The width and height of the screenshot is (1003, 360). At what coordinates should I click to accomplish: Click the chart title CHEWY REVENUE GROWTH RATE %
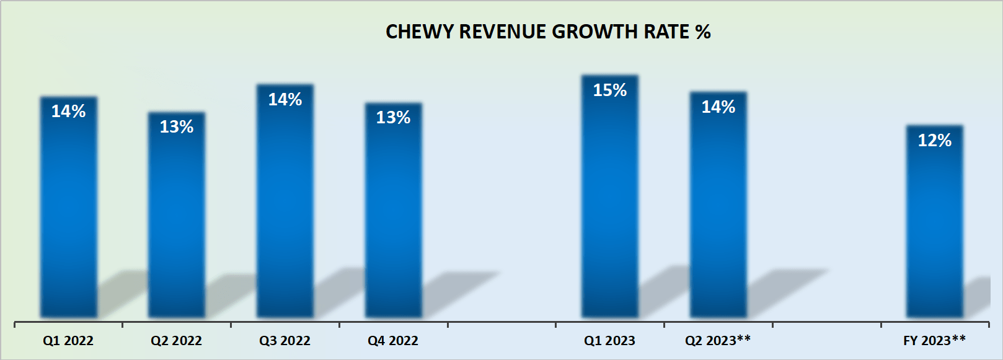[x=548, y=32]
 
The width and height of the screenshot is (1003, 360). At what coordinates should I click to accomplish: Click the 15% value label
[x=610, y=90]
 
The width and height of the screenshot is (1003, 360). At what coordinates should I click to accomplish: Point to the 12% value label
[x=934, y=141]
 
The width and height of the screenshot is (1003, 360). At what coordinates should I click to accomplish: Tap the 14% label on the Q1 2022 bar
[x=68, y=112]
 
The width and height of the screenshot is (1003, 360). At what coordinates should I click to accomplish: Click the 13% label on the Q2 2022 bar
[x=177, y=127]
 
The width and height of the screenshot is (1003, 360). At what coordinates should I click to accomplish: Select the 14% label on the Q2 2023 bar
[x=718, y=107]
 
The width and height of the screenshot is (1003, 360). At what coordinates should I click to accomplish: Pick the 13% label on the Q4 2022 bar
[x=393, y=118]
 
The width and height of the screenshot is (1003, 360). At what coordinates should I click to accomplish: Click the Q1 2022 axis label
[x=68, y=341]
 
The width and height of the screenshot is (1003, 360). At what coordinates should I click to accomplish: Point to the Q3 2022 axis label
[x=285, y=341]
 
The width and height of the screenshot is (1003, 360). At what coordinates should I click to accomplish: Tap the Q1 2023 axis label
[x=610, y=341]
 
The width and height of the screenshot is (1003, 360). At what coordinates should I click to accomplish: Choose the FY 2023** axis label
[x=934, y=340]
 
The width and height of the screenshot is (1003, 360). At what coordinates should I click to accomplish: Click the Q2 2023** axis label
[x=718, y=340]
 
